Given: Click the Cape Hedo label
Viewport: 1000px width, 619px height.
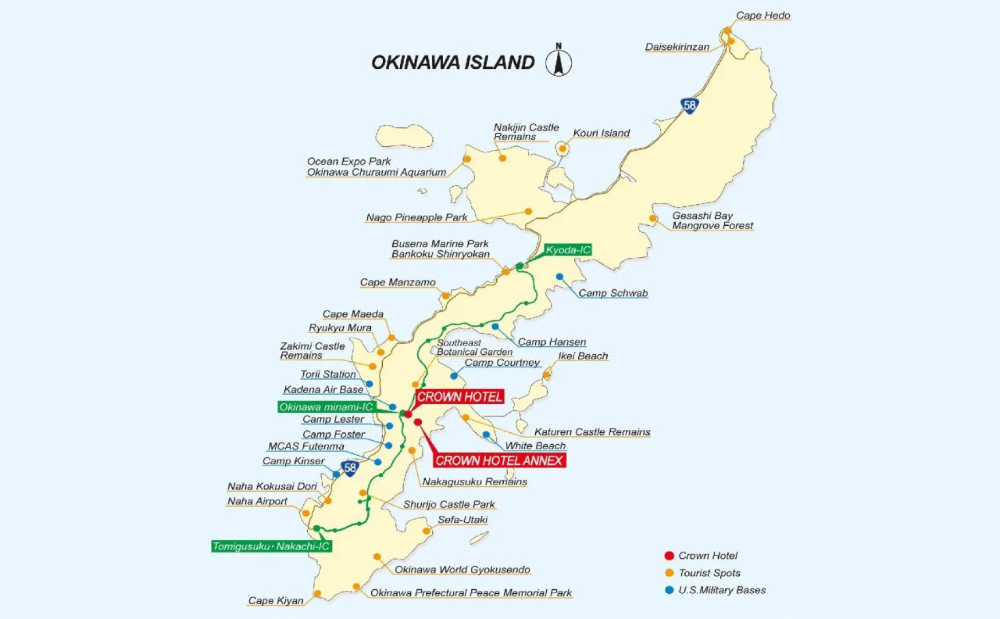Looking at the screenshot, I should coord(763,15).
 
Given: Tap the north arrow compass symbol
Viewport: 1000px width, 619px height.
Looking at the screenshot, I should coord(559,61).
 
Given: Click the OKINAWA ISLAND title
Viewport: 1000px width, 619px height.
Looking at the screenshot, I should coord(453,62).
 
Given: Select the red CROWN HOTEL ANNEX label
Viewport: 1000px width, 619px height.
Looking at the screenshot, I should coord(499,461).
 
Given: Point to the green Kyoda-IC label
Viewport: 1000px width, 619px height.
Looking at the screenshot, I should coord(567,250).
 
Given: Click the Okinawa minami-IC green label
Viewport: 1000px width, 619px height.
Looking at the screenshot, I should coord(326,407).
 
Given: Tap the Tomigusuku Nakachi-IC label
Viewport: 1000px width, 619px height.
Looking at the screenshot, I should coord(271,546).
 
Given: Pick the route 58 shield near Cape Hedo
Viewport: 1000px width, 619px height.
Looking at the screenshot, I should coord(689,105).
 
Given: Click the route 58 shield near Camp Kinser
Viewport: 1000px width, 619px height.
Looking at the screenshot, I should coord(350,468).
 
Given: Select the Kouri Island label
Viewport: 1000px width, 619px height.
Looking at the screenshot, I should coord(601,133).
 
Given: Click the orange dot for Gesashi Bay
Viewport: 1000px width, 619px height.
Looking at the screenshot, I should coord(653,218).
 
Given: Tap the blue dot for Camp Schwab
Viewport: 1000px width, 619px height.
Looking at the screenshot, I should coord(559,277).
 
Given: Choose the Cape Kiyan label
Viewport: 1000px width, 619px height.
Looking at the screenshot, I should coord(276,601).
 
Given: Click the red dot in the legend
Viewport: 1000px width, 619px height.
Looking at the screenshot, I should coord(669,555).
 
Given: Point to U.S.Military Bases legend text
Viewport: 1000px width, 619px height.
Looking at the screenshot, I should coord(721,590).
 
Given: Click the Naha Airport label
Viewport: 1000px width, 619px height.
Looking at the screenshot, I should coord(257,501).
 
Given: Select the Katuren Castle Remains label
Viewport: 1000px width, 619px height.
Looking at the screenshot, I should coord(592,432).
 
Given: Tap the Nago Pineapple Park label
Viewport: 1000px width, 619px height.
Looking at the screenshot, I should coord(417,217).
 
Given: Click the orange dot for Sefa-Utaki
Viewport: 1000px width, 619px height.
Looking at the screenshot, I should coord(426,531).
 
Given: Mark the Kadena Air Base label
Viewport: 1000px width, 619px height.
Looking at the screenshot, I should coord(323,390).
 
